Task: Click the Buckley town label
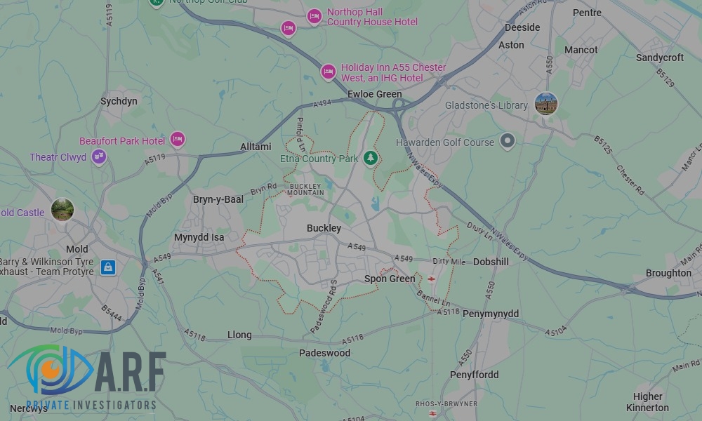[324, 228]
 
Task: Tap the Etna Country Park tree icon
[371, 159]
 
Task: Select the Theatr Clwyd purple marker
[99, 157]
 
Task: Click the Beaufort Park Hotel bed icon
[178, 140]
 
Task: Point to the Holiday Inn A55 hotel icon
[328, 72]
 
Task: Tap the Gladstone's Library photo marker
[545, 104]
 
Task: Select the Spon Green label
[390, 279]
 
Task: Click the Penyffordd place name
[474, 375]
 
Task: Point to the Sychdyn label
[119, 101]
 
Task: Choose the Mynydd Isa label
[199, 237]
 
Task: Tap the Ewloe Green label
[375, 94]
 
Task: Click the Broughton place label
[668, 273]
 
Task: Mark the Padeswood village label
[324, 353]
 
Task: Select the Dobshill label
[491, 262]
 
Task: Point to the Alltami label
[256, 147]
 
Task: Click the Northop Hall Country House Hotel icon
[314, 15]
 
